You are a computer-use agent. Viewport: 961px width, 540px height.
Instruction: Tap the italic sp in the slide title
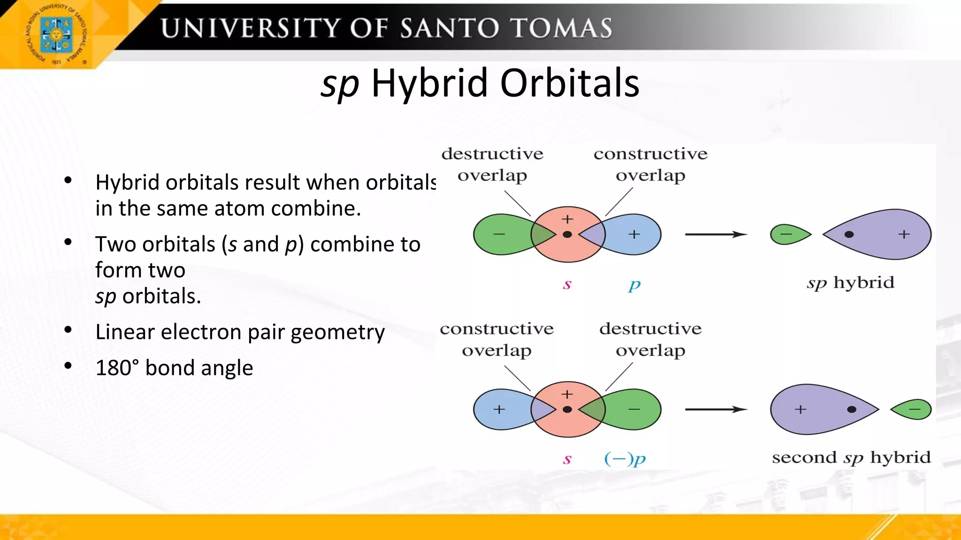(340, 83)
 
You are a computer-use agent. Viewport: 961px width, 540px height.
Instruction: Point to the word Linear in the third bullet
(125, 332)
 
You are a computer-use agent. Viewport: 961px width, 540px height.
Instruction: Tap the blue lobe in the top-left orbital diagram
(636, 234)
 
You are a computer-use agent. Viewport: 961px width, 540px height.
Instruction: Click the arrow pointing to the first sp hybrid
(716, 234)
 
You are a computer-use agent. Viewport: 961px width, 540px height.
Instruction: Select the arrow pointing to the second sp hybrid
(716, 409)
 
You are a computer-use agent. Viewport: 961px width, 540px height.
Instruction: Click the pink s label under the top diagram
(567, 284)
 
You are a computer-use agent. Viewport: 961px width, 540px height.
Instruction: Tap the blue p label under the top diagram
(634, 284)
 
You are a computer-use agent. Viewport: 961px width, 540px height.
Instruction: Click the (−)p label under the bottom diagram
(625, 458)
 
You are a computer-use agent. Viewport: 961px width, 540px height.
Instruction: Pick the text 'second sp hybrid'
(851, 457)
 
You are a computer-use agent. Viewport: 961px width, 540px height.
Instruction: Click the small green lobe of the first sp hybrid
(788, 234)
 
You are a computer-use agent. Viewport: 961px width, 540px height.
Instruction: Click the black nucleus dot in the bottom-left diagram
(567, 409)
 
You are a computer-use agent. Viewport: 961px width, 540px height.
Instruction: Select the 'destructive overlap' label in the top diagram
(492, 164)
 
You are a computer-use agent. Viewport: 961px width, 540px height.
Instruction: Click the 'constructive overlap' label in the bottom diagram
(496, 339)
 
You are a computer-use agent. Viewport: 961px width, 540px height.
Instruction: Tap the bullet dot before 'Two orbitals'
(68, 242)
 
